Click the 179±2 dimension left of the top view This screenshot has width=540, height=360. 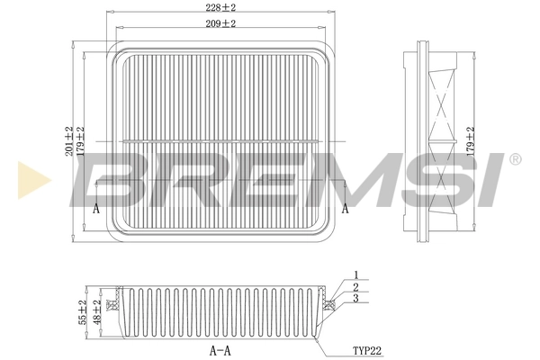pos(81,143)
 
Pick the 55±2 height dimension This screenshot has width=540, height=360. pos(82,312)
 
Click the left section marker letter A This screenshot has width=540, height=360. pos(96,208)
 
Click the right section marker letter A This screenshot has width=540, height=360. pos(345,208)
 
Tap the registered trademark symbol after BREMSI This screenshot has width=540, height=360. pos(514,159)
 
